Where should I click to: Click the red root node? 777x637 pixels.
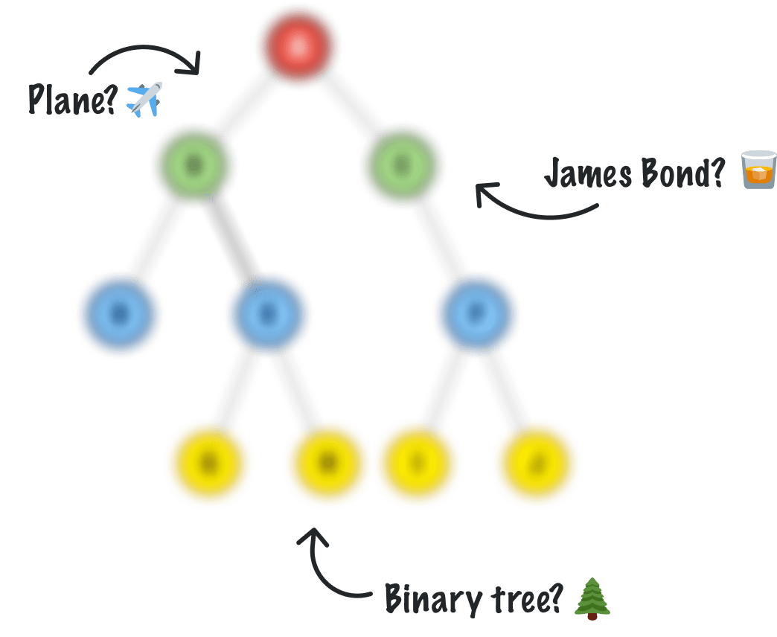[298, 46]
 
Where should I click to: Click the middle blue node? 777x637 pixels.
[268, 313]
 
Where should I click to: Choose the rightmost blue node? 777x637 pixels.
[476, 313]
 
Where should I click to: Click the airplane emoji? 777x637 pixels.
[144, 100]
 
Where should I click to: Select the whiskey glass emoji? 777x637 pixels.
[758, 170]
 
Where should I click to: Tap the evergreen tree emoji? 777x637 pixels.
[592, 598]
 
